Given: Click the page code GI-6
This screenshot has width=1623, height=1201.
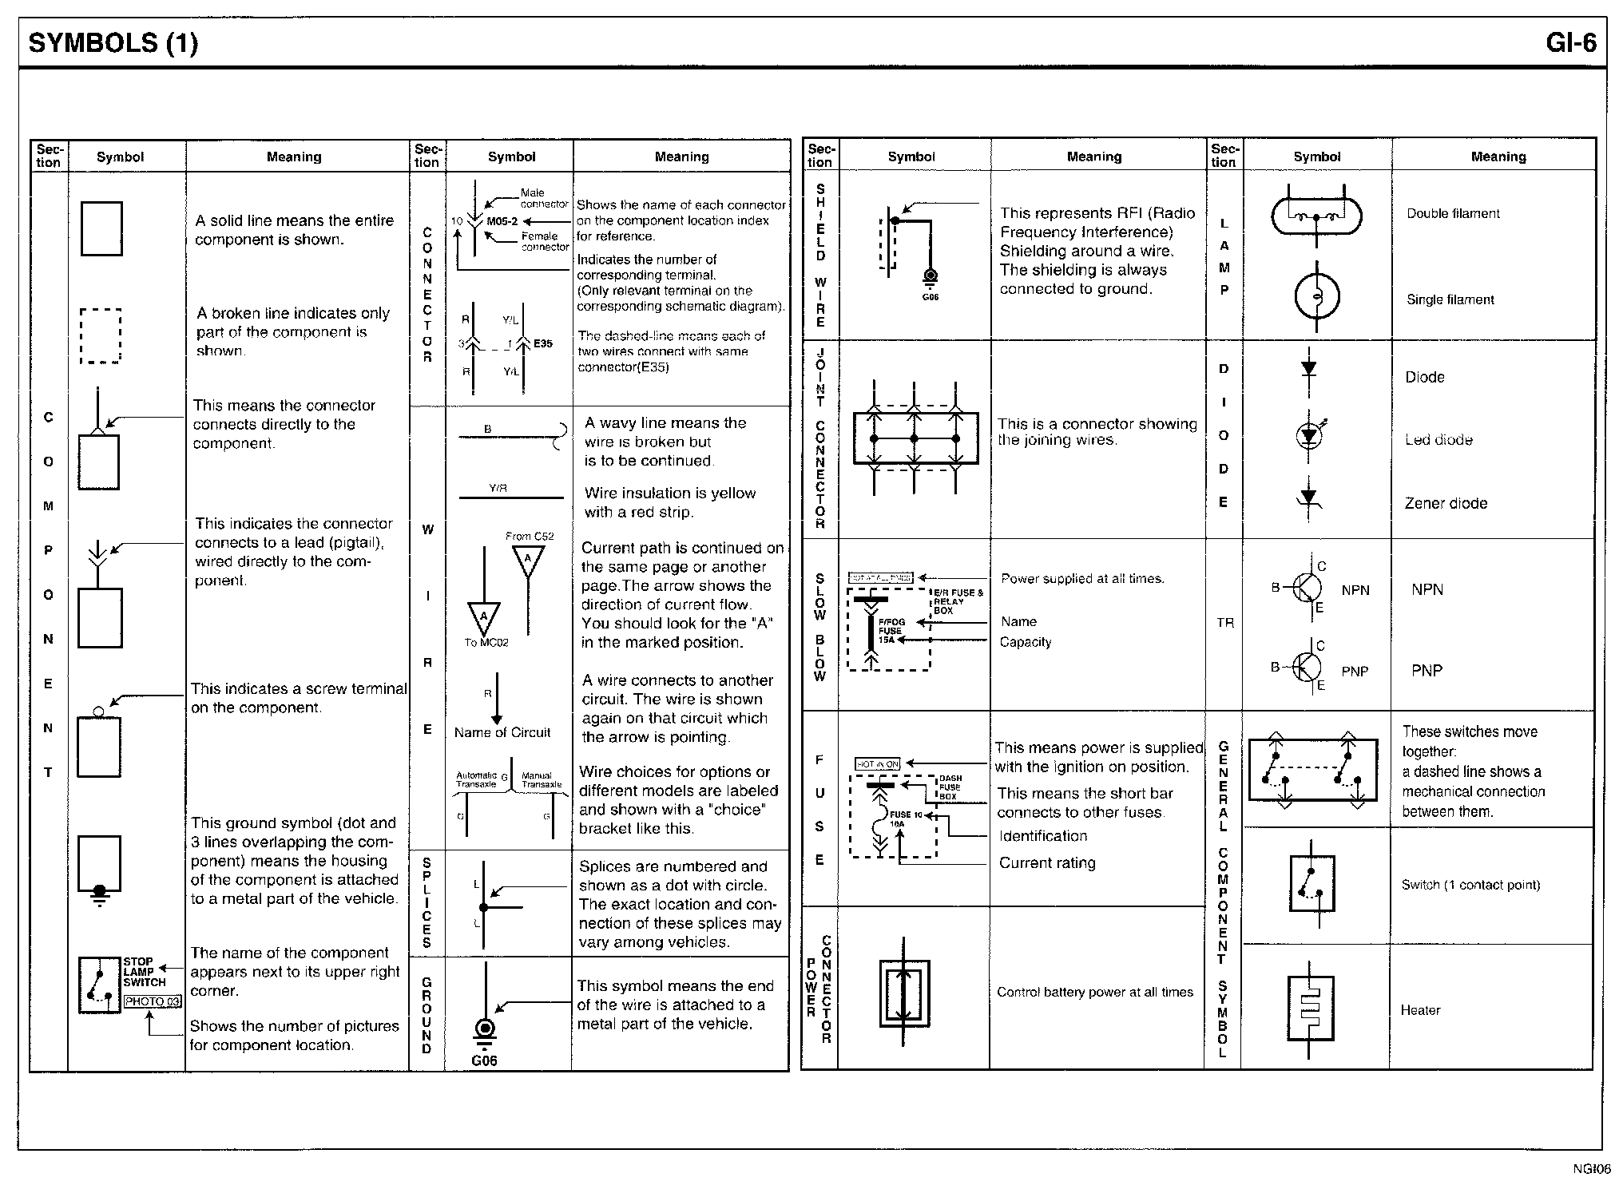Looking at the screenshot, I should (1570, 43).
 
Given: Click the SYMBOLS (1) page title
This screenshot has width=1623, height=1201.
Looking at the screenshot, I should (113, 43).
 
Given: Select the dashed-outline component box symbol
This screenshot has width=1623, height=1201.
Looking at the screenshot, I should (101, 336).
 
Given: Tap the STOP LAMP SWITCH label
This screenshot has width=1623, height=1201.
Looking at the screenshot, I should (144, 972).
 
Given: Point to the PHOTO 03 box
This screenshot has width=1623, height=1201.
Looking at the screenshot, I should (153, 1001).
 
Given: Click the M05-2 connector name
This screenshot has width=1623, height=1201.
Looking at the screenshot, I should (502, 221).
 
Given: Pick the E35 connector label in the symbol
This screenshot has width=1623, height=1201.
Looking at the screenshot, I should (543, 343).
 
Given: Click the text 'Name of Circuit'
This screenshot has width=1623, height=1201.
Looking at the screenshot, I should (502, 732).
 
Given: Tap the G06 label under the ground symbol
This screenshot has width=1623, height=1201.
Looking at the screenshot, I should (484, 1060).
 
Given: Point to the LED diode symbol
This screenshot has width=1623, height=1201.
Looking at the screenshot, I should (1308, 435).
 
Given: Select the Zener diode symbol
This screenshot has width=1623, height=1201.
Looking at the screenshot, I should (1308, 499).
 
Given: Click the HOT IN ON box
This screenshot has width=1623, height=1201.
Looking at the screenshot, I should (877, 764).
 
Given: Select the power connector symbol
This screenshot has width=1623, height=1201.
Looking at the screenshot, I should (904, 993).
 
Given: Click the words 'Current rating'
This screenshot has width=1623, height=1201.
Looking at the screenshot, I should (1047, 862).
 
